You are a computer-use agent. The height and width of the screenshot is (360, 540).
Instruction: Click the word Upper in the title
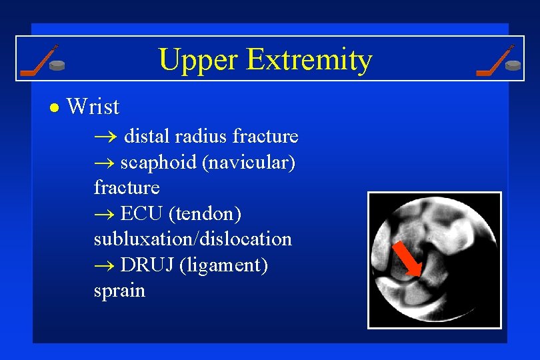tap(199, 60)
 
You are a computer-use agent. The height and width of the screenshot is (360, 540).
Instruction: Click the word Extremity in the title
tap(309, 60)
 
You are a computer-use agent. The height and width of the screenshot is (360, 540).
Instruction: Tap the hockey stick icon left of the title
tap(38, 60)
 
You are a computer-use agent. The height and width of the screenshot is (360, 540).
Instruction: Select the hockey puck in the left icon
tap(59, 65)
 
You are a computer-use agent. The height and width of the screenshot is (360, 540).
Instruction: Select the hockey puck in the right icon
tap(513, 65)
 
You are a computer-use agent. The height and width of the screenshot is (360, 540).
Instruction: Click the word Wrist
tap(93, 107)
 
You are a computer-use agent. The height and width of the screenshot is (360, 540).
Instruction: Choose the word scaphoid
tap(158, 162)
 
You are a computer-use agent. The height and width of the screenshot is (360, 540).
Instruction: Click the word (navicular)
tap(249, 162)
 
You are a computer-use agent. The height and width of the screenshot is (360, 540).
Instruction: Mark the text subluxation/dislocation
tap(193, 239)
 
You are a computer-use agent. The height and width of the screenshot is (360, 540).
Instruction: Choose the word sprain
tap(119, 291)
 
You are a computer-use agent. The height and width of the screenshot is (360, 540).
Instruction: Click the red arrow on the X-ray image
tap(407, 260)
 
